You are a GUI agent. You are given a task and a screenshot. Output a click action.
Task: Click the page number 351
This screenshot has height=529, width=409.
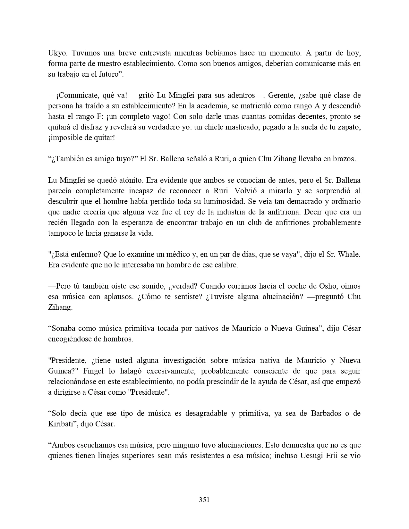(204, 500)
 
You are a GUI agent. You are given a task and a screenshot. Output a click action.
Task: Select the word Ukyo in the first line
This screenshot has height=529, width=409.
(56, 53)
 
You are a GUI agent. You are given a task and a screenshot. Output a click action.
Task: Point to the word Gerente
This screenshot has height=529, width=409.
(281, 96)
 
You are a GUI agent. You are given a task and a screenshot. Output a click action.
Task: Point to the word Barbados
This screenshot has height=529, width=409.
(325, 413)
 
